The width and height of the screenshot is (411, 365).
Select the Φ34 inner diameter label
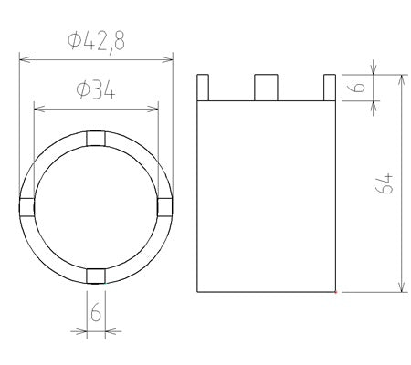[96, 90]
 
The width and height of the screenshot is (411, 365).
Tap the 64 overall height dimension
[385, 183]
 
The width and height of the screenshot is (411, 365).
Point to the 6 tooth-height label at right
[359, 87]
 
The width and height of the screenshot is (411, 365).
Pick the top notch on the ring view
[96, 139]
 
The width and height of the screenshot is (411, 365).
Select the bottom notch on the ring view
[96, 276]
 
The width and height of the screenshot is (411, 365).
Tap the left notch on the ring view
[26, 207]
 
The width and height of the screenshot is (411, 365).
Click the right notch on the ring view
[165, 207]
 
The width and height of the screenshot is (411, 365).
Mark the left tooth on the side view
[203, 88]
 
